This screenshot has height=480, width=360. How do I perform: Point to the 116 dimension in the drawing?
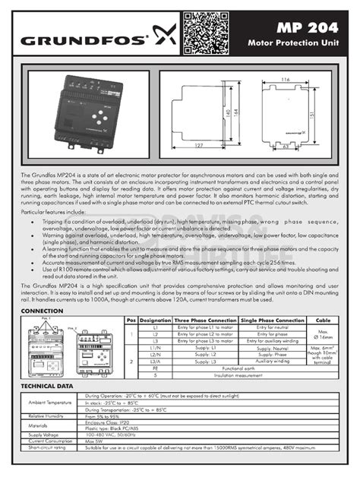(284, 79)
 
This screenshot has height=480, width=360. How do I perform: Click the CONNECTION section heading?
(42, 311)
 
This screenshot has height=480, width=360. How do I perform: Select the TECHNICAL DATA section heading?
(47, 387)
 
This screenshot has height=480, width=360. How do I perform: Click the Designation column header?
(156, 321)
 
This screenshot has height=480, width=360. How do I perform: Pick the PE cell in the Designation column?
(156, 368)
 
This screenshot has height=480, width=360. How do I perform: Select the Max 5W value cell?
(95, 441)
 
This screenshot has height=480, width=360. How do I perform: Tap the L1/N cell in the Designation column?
(156, 347)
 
